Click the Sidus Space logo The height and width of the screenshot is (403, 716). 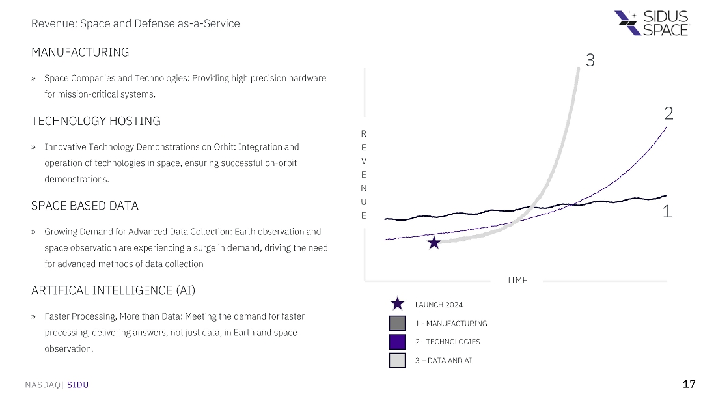click(651, 23)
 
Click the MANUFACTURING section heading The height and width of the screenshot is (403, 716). click(80, 52)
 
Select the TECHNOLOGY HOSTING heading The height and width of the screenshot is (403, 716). click(96, 121)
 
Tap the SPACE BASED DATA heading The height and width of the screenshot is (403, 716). click(85, 206)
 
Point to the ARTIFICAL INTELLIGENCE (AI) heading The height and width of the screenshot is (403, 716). click(113, 290)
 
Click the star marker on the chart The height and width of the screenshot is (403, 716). click(434, 243)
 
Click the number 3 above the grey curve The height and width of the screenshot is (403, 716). click(590, 61)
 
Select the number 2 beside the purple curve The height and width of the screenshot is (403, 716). click(668, 114)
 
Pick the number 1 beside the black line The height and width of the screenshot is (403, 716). click(667, 212)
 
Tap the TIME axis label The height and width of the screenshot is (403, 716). click(517, 280)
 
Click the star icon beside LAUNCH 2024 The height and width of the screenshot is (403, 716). click(397, 304)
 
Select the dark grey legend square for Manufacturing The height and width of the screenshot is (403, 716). click(397, 323)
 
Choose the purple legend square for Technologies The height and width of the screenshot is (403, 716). click(397, 342)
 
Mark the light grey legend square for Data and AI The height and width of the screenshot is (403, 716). click(397, 360)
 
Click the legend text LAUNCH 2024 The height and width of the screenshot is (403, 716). click(439, 305)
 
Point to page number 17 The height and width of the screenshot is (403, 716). click(689, 384)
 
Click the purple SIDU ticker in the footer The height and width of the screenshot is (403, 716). click(77, 385)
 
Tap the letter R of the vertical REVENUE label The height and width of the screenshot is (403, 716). click(363, 133)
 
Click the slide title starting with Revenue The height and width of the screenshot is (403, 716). click(135, 23)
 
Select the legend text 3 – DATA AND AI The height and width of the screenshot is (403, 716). click(443, 360)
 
